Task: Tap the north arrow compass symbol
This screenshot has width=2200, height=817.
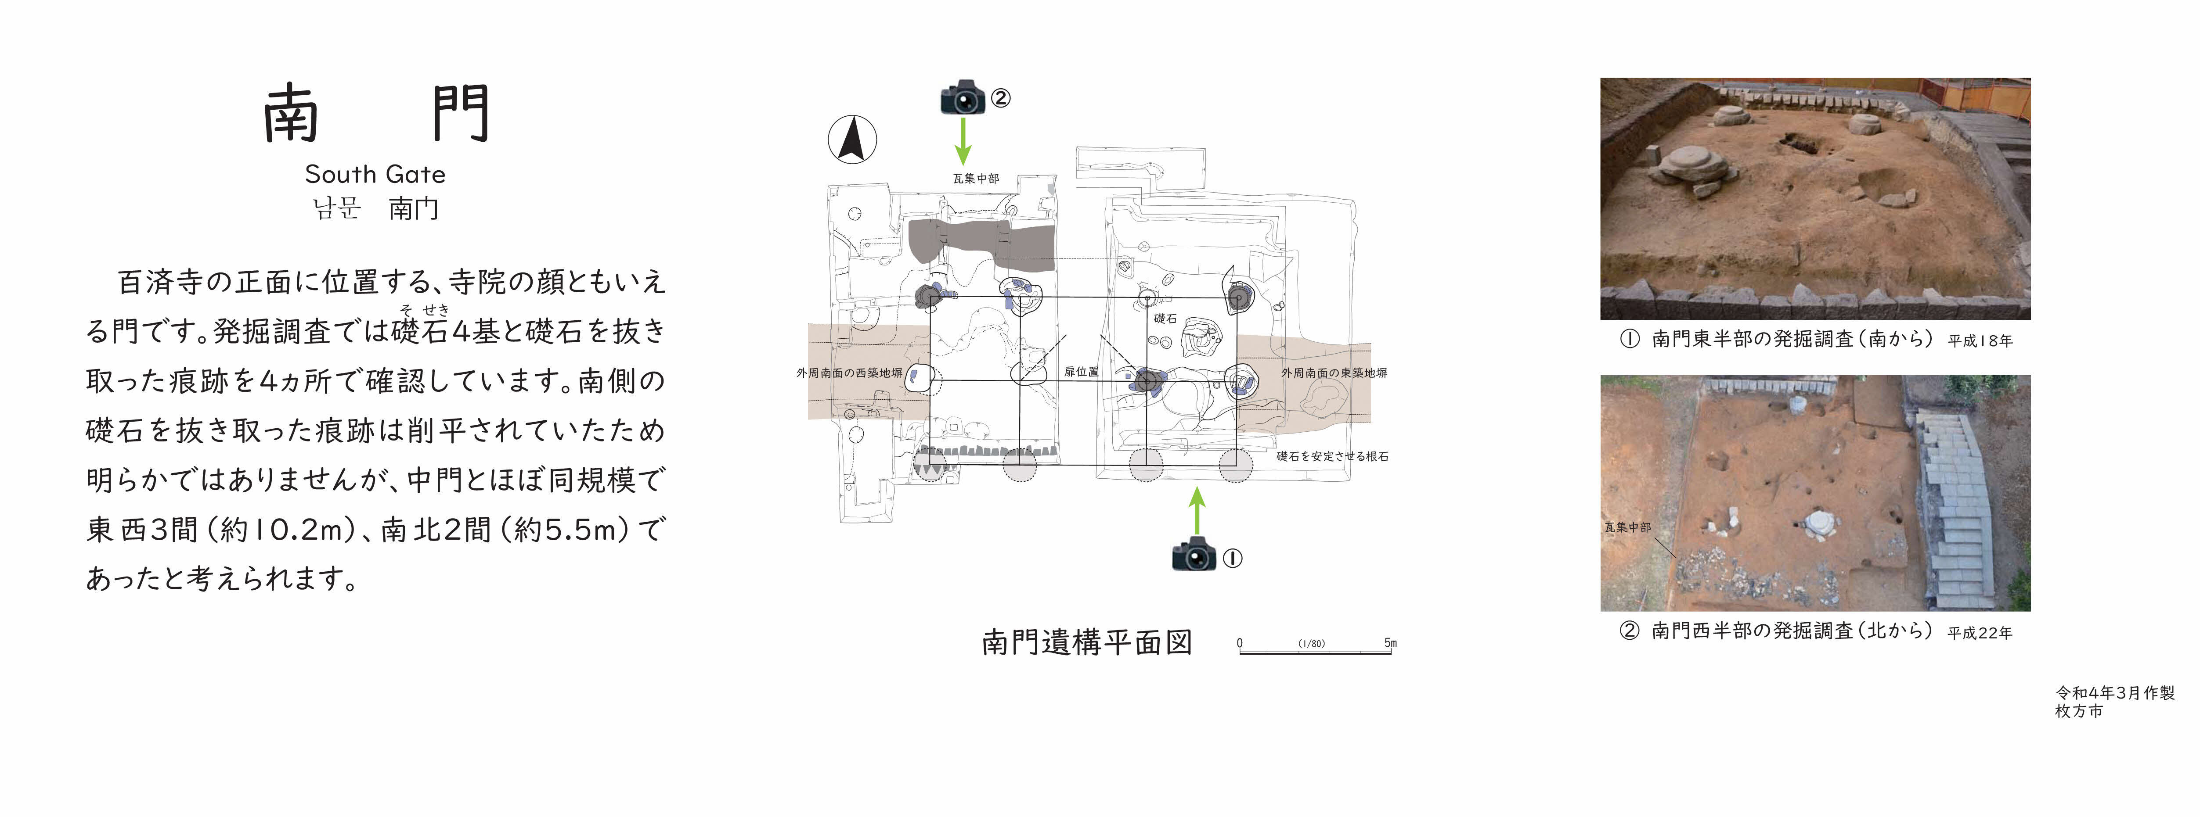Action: click(x=851, y=139)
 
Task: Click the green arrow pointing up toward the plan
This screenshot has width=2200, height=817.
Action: click(x=1197, y=511)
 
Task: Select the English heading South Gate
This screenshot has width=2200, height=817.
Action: click(x=375, y=174)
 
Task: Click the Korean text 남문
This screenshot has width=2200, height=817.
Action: click(x=336, y=208)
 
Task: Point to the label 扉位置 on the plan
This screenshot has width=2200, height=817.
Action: click(x=1081, y=372)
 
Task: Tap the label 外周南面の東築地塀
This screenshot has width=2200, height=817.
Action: click(x=1334, y=373)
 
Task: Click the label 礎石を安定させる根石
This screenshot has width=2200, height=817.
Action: click(x=1332, y=457)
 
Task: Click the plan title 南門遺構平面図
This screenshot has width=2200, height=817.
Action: click(x=1086, y=642)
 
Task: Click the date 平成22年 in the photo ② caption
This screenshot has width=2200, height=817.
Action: click(x=1980, y=633)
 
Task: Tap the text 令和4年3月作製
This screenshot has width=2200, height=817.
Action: click(x=2115, y=693)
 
